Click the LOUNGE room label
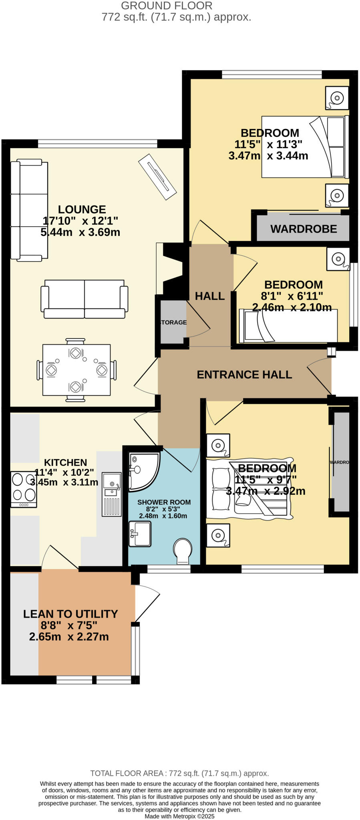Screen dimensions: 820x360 [x=82, y=209]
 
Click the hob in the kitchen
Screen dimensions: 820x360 [x=24, y=489]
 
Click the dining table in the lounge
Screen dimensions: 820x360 [x=76, y=370]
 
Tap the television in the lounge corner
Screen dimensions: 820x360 [x=157, y=177]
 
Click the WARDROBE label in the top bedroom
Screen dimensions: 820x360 [x=304, y=229]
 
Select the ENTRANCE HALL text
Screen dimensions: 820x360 [x=244, y=375]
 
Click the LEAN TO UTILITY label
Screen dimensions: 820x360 [x=70, y=614]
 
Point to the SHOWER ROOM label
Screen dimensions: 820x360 [x=164, y=502]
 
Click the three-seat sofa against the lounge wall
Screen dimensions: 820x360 [x=29, y=210]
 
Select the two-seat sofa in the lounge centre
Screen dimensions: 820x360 [x=84, y=299]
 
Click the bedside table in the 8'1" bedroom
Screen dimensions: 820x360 [x=338, y=259]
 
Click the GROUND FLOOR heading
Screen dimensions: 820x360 [x=167, y=6]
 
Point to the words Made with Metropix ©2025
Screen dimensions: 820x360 [x=179, y=816]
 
